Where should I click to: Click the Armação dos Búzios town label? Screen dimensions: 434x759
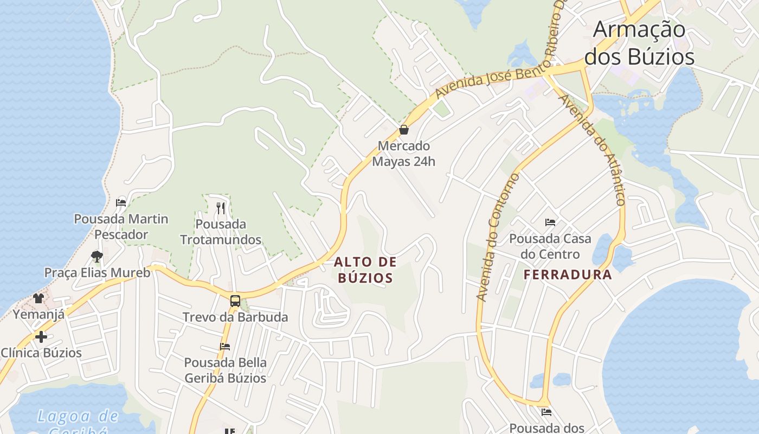pyautogui.click(x=639, y=43)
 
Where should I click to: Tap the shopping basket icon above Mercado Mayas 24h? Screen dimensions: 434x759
pyautogui.click(x=403, y=130)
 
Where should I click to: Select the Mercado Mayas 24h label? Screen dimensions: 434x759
pyautogui.click(x=403, y=154)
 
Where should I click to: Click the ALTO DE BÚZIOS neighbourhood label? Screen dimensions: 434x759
pyautogui.click(x=365, y=270)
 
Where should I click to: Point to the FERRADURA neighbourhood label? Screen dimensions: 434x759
pyautogui.click(x=568, y=275)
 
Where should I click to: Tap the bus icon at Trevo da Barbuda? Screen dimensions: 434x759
pyautogui.click(x=235, y=301)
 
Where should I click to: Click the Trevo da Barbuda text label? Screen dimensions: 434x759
pyautogui.click(x=235, y=317)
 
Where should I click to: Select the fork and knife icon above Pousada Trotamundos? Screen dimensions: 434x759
pyautogui.click(x=220, y=208)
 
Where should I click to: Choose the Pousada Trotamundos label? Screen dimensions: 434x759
pyautogui.click(x=221, y=232)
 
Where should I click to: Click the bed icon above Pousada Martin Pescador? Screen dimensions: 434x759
pyautogui.click(x=121, y=203)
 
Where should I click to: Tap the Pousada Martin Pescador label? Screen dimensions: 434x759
pyautogui.click(x=121, y=227)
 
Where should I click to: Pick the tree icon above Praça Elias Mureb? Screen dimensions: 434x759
pyautogui.click(x=97, y=256)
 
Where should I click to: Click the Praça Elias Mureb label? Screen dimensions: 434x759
pyautogui.click(x=97, y=272)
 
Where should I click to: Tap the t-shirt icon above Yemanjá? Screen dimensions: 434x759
pyautogui.click(x=38, y=298)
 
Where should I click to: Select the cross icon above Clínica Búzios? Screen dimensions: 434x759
pyautogui.click(x=41, y=337)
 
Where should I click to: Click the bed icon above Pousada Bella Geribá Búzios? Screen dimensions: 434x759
pyautogui.click(x=225, y=346)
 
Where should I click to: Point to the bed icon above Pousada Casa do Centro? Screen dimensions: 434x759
pyautogui.click(x=550, y=222)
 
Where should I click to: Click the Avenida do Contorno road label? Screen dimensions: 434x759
pyautogui.click(x=497, y=237)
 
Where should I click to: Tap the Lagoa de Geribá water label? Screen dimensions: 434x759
pyautogui.click(x=77, y=420)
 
